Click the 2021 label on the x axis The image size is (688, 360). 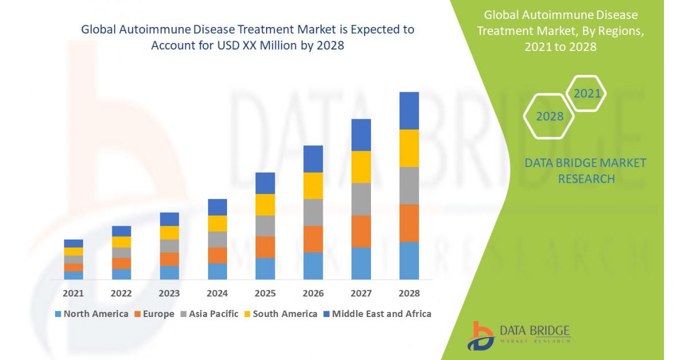pyautogui.click(x=73, y=294)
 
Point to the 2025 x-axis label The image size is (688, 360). pyautogui.click(x=265, y=294)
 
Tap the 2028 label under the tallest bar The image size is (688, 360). pyautogui.click(x=409, y=294)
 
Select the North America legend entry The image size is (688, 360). pyautogui.click(x=91, y=314)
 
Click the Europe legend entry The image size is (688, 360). pyautogui.click(x=154, y=314)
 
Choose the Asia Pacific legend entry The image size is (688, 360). pyautogui.click(x=209, y=314)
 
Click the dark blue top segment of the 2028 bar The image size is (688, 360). pyautogui.click(x=409, y=111)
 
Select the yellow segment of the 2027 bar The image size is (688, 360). pyautogui.click(x=361, y=167)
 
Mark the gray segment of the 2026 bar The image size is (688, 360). pyautogui.click(x=313, y=212)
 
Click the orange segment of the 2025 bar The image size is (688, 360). pyautogui.click(x=265, y=247)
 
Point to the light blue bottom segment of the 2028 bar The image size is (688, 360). pyautogui.click(x=409, y=260)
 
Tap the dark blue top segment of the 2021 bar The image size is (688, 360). pyautogui.click(x=73, y=243)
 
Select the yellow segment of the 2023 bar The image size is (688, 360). pyautogui.click(x=169, y=232)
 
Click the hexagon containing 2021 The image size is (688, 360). pyautogui.click(x=586, y=93)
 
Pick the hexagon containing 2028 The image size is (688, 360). pyautogui.click(x=550, y=116)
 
